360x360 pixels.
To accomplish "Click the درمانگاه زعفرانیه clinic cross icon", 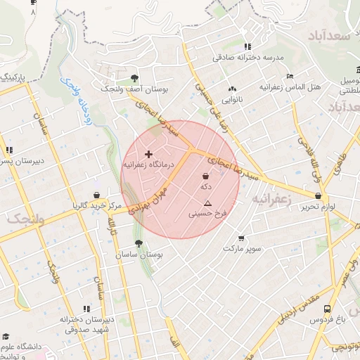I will tap(148, 153).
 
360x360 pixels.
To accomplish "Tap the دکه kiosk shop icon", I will tap(205, 175).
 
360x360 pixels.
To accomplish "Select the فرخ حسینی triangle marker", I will tap(207, 202).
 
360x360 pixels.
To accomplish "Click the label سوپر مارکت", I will tap(242, 249).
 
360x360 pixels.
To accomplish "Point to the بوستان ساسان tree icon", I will tap(139, 243).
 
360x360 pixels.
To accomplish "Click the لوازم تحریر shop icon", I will tap(319, 196).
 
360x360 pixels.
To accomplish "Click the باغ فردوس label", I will tap(327, 319).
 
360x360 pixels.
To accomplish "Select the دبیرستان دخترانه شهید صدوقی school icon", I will tap(87, 308).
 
